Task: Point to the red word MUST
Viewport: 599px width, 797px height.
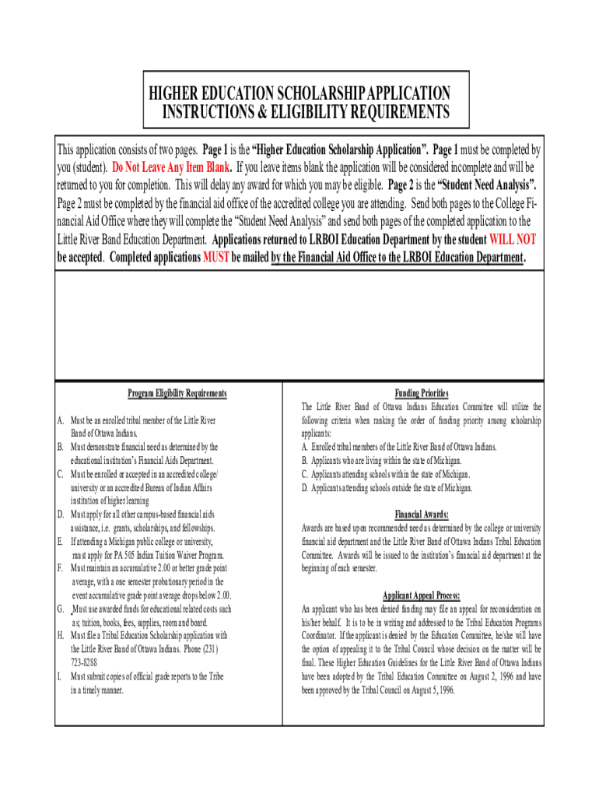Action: point(215,258)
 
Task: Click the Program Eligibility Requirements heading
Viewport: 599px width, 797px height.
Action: point(177,394)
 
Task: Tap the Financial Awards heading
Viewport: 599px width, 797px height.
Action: point(421,514)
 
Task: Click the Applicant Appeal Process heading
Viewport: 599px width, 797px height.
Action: point(421,595)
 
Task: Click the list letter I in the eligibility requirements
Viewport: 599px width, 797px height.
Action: point(60,676)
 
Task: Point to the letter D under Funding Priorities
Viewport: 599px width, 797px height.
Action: point(304,487)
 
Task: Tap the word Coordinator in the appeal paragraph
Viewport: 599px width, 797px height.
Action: point(322,636)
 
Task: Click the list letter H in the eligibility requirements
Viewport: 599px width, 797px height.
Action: point(60,635)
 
